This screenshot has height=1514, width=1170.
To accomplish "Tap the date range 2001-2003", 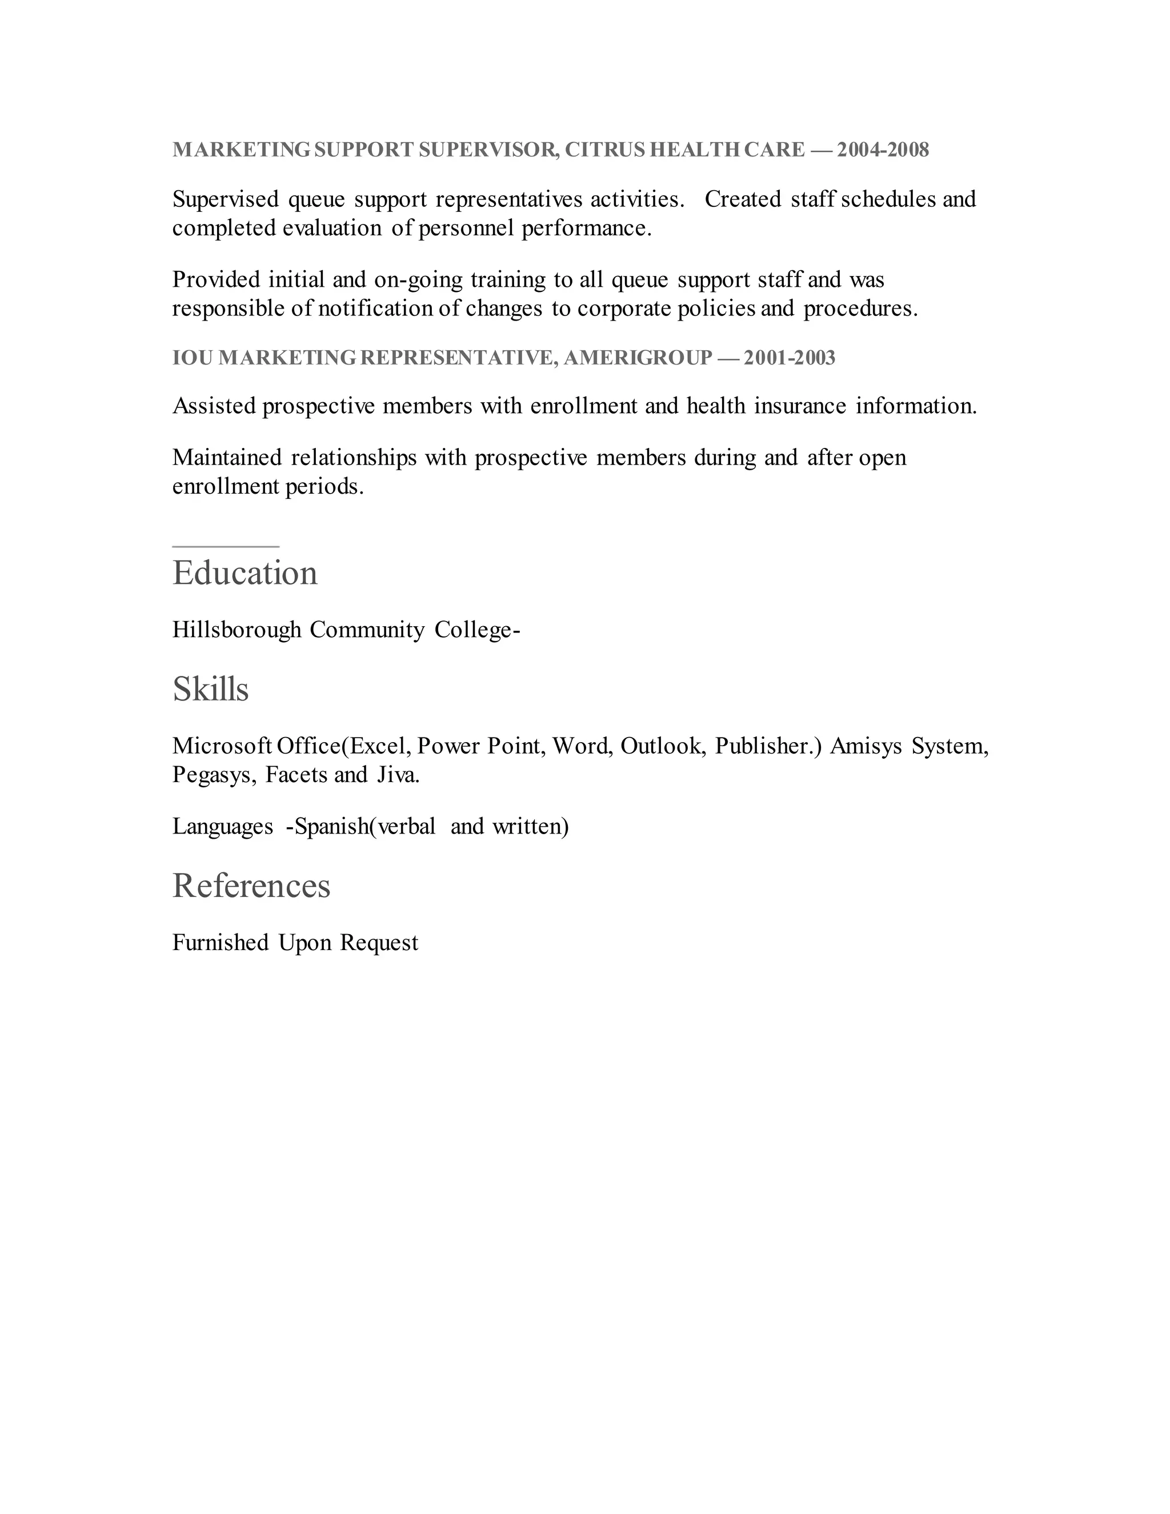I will click(x=790, y=358).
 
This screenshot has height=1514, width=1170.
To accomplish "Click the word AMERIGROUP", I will click(x=638, y=358).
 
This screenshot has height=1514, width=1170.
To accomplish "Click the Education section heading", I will click(x=245, y=572).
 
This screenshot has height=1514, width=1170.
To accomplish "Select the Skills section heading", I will click(x=210, y=689).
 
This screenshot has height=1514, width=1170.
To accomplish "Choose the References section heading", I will click(x=251, y=885).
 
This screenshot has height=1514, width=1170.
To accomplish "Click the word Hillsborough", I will click(x=237, y=630).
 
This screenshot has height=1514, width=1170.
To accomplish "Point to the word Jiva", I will click(x=398, y=774).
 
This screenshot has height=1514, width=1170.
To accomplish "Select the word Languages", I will click(x=222, y=826).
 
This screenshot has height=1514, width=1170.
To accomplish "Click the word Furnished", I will click(x=221, y=943).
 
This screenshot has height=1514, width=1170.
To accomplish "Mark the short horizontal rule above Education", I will click(x=225, y=547).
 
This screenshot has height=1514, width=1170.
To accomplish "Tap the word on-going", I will click(x=418, y=280).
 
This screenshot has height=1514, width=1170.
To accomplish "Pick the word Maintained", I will click(x=227, y=458).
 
